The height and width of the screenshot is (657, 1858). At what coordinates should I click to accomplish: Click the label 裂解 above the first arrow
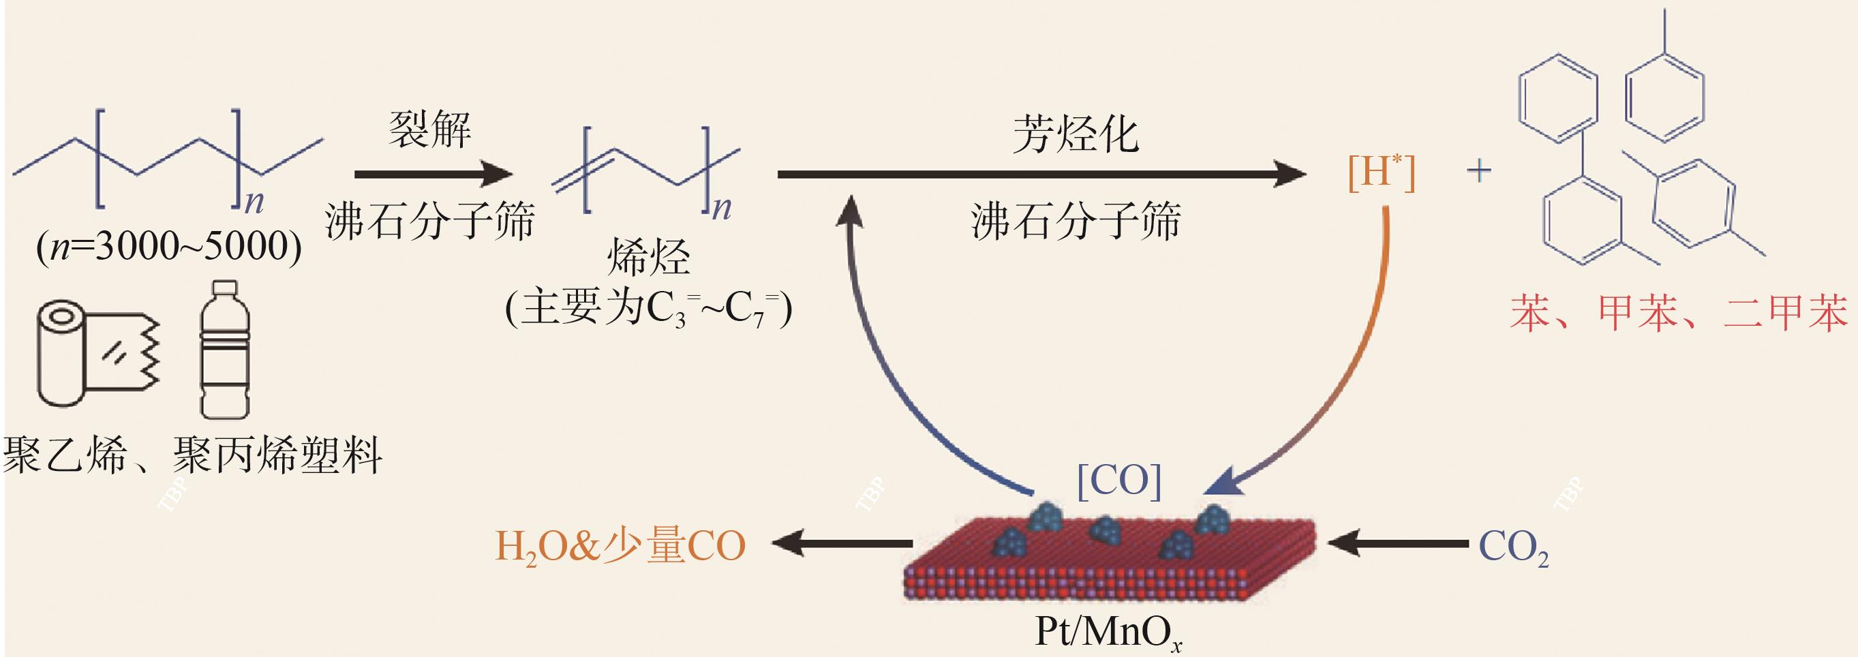430,131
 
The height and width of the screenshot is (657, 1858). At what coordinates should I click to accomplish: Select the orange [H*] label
1382,173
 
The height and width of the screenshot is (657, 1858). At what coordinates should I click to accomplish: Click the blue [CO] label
1118,480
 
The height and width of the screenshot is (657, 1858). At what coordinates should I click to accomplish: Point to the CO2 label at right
1513,547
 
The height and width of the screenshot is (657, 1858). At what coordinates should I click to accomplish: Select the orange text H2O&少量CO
620,546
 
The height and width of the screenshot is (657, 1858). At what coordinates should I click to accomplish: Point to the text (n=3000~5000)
169,247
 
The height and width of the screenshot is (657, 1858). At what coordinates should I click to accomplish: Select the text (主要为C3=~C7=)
648,309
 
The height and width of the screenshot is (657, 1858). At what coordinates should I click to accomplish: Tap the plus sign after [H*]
1479,171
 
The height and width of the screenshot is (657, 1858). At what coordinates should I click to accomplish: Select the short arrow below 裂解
433,174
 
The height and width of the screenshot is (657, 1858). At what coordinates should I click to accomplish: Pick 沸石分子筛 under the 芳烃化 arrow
1076,221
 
